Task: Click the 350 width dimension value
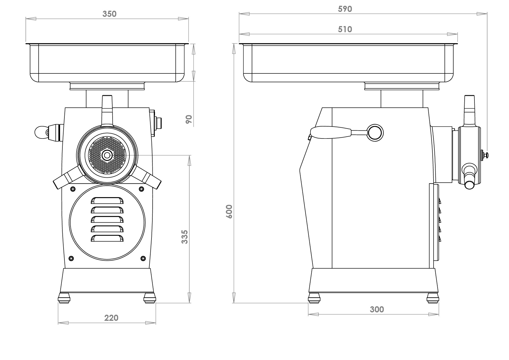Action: [109, 14]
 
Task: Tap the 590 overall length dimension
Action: [345, 9]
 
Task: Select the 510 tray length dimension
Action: [345, 29]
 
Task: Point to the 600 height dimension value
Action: [229, 211]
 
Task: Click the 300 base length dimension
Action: [377, 309]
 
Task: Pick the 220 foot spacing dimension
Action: [111, 318]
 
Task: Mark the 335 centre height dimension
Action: [185, 237]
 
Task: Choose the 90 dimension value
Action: [189, 119]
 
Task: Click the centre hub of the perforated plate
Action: [107, 155]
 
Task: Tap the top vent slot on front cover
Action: [107, 201]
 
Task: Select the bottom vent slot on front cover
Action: [107, 238]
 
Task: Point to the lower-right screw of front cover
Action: [143, 258]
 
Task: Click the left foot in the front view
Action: [64, 298]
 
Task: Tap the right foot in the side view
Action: [432, 298]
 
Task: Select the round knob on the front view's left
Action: [40, 132]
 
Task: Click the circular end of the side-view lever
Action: [375, 133]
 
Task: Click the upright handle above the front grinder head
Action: [107, 110]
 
